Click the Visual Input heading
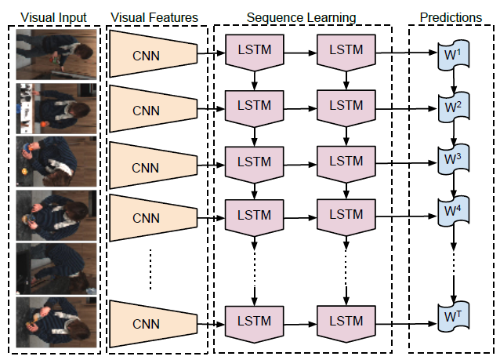pyautogui.click(x=53, y=16)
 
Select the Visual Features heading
pyautogui.click(x=154, y=16)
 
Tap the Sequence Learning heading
pyautogui.click(x=301, y=16)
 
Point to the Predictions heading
pyautogui.click(x=451, y=16)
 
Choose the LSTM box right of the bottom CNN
pyautogui.click(x=254, y=321)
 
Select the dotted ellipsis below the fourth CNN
pyautogui.click(x=150, y=267)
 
